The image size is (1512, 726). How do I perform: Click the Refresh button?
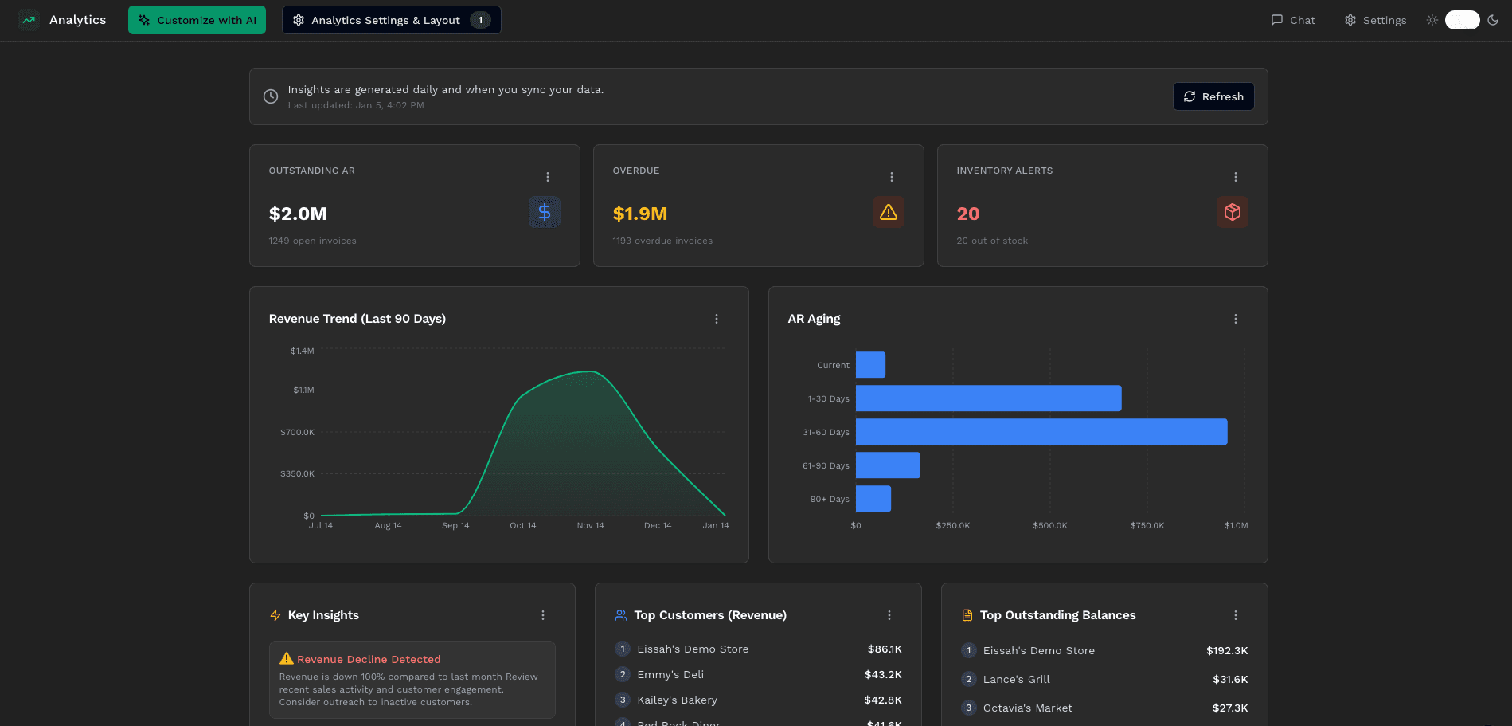click(1213, 96)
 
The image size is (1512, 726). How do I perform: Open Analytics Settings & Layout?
click(390, 20)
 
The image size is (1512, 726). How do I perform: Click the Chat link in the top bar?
click(1293, 20)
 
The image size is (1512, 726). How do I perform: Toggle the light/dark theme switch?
click(1462, 20)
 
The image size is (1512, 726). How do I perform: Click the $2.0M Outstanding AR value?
click(298, 214)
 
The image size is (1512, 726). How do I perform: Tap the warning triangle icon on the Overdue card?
click(888, 212)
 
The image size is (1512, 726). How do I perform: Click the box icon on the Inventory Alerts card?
click(1232, 212)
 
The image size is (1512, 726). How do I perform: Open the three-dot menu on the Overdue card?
click(891, 177)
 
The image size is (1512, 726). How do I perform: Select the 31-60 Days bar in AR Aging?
click(1041, 432)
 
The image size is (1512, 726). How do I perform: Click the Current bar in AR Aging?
click(870, 365)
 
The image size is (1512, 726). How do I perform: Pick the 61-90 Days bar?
click(888, 465)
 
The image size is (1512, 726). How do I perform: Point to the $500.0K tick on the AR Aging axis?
click(1049, 525)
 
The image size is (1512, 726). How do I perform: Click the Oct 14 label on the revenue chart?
click(522, 525)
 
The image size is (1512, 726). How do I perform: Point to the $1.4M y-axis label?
click(303, 351)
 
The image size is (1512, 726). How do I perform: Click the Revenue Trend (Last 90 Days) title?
click(357, 319)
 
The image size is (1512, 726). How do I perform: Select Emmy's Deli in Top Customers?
click(670, 674)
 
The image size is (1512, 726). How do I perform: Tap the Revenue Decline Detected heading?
click(369, 659)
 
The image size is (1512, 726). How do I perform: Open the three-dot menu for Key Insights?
click(543, 615)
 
